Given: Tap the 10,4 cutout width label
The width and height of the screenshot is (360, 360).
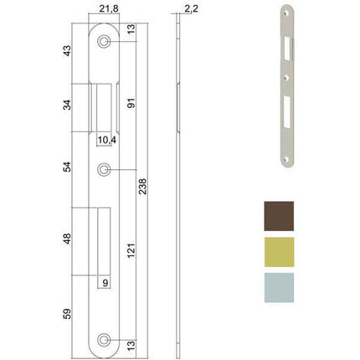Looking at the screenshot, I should [x=105, y=140].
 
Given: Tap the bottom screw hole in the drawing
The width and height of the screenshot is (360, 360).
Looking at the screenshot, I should [x=104, y=339].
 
